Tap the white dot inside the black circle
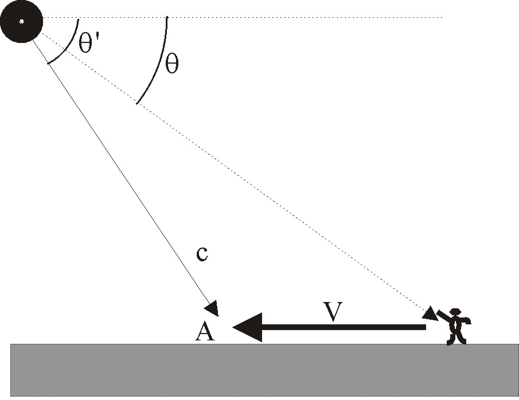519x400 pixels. [x=21, y=22]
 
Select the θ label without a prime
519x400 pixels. [x=171, y=64]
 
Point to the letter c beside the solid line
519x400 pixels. [x=201, y=254]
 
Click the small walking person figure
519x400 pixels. [x=455, y=327]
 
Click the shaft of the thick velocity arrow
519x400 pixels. [x=344, y=327]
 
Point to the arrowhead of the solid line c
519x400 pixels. [x=213, y=309]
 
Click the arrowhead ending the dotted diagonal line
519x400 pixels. [x=429, y=313]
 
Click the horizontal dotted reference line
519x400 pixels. [x=287, y=17]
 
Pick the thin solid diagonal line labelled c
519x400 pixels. [x=126, y=172]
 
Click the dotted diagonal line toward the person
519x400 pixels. [x=258, y=189]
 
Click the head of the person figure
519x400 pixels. [x=456, y=313]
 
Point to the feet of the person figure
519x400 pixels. [x=456, y=342]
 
